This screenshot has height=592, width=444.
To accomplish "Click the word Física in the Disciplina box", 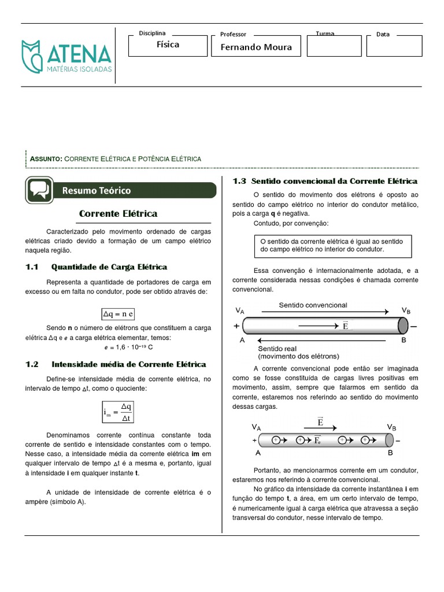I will click(x=168, y=45).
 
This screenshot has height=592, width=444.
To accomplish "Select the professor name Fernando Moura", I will click(x=256, y=47).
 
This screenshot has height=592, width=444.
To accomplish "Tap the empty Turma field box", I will click(x=334, y=46).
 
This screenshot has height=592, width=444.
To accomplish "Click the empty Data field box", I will click(x=394, y=46).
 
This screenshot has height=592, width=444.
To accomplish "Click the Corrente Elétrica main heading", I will click(x=118, y=214).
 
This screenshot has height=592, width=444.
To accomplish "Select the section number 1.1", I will click(x=32, y=267).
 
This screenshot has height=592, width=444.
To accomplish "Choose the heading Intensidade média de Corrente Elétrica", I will click(x=128, y=364).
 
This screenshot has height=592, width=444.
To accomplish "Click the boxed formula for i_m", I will click(x=119, y=412).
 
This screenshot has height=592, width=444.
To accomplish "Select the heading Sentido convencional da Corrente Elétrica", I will click(x=334, y=181).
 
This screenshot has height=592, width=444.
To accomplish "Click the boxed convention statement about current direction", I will click(x=332, y=245).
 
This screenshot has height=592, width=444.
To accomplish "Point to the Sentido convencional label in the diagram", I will click(x=313, y=305).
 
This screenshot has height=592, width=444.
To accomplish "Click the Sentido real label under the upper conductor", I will click(x=277, y=349).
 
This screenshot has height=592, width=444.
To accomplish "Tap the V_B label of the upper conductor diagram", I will click(x=406, y=311).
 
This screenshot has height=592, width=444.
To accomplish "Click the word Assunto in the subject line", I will click(x=46, y=158).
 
